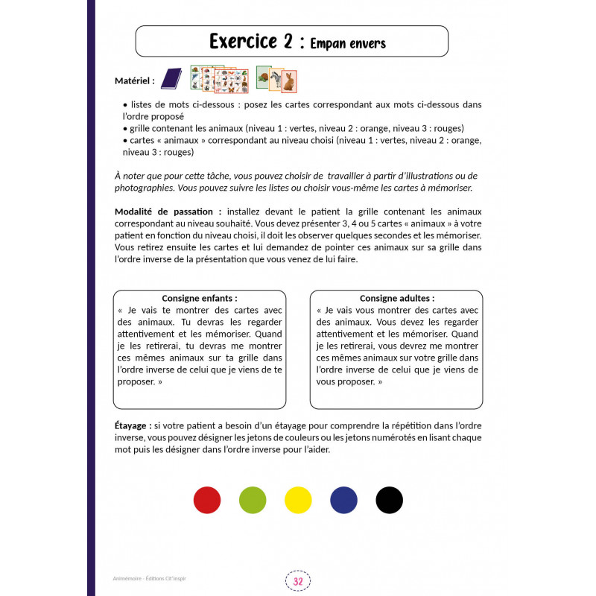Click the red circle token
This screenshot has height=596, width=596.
207,499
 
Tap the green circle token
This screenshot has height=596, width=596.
253,499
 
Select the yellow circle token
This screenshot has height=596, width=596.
298,499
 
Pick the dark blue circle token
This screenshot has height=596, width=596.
343,499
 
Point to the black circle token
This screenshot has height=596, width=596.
389,499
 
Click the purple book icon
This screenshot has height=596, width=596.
171,78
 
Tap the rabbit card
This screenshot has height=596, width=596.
289,80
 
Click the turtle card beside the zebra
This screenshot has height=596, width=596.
263,76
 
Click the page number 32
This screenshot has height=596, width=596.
298,580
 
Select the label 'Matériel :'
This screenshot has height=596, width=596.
135,80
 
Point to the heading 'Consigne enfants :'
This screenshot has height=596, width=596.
200,298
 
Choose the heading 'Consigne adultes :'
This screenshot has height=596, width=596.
397,298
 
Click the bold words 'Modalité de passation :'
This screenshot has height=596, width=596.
168,211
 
